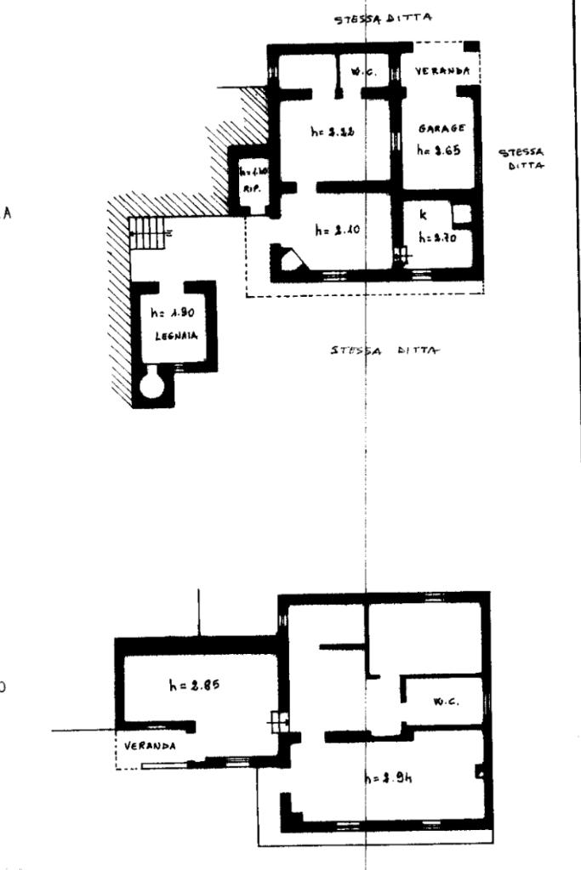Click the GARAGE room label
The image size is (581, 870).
point(439,129)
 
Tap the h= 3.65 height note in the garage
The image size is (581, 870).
point(438,149)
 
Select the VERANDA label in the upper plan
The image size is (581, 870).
point(442,73)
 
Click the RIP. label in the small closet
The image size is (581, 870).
point(251,188)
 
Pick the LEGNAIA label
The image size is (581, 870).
point(176,336)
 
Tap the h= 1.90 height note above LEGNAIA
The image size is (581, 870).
point(173,315)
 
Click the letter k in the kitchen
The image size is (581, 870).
point(423,217)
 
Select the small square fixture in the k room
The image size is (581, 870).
point(461,213)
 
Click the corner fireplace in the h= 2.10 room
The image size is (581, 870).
point(288,258)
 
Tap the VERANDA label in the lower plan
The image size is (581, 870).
point(149,745)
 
